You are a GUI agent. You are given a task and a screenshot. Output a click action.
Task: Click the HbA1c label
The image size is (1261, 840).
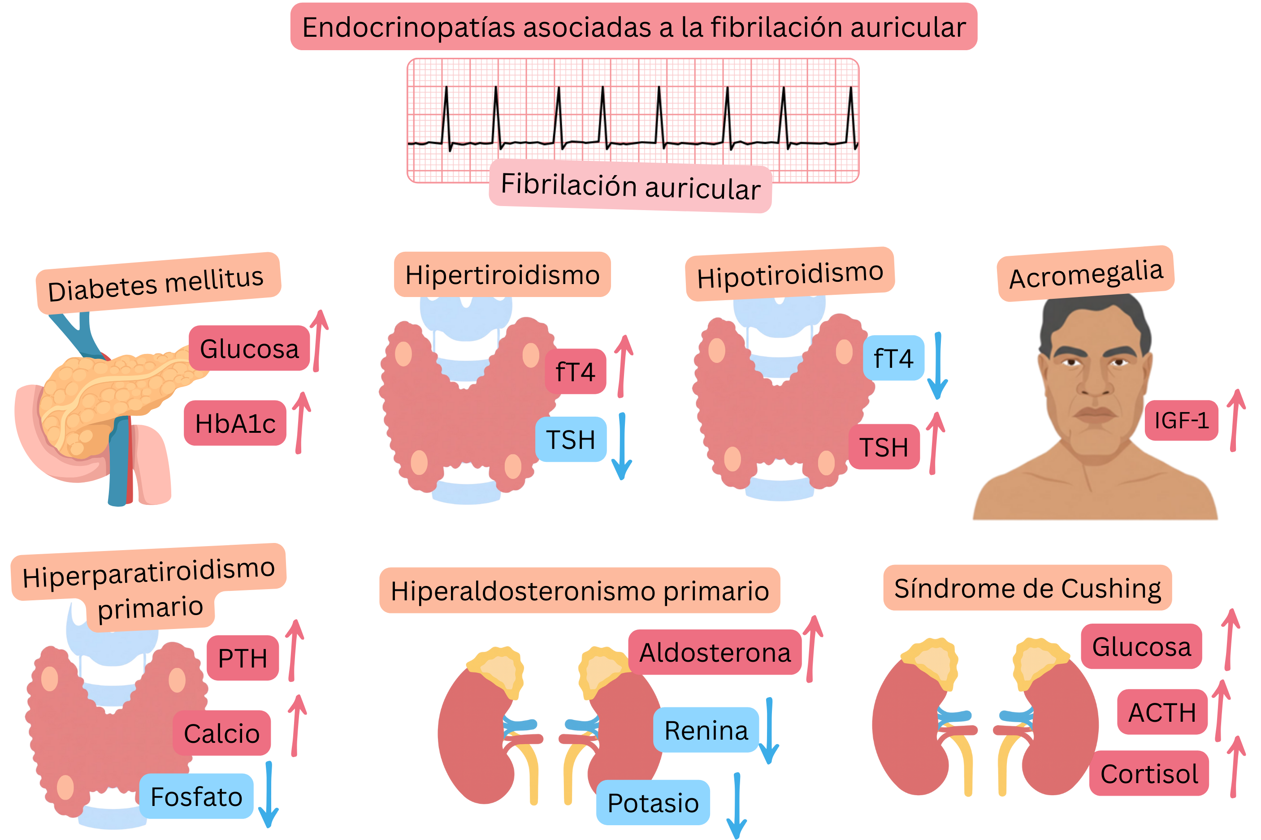[235, 423]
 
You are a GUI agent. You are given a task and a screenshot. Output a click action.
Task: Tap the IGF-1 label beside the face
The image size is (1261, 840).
[1181, 421]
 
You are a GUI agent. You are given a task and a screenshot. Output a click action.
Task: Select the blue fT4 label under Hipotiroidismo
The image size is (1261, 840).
[893, 358]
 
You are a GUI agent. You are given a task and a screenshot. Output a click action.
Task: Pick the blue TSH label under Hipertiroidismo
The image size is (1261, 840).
[571, 439]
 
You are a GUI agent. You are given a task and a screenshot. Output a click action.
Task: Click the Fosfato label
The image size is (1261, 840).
[196, 796]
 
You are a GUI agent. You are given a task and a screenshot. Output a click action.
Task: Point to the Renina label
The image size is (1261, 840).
[706, 730]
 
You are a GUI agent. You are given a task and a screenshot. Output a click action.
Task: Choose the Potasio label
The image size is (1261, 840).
[653, 802]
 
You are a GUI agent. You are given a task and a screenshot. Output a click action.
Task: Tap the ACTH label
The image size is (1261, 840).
[1162, 712]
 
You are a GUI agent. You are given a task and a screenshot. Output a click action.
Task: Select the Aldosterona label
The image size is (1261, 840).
[715, 652]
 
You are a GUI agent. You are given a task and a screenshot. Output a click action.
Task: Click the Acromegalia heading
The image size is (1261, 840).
[1086, 274]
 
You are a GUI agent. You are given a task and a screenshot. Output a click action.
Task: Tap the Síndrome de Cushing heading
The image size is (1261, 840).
[1027, 588]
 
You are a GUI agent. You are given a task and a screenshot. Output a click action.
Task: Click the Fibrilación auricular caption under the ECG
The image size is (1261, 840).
[630, 186]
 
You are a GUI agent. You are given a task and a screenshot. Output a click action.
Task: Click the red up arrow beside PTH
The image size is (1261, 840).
[294, 650]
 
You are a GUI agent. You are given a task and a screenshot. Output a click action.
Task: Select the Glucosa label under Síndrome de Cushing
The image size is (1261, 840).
[1141, 646]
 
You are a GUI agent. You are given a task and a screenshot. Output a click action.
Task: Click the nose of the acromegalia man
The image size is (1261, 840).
[1095, 385]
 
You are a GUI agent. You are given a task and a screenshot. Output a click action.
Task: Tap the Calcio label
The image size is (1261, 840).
[221, 733]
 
